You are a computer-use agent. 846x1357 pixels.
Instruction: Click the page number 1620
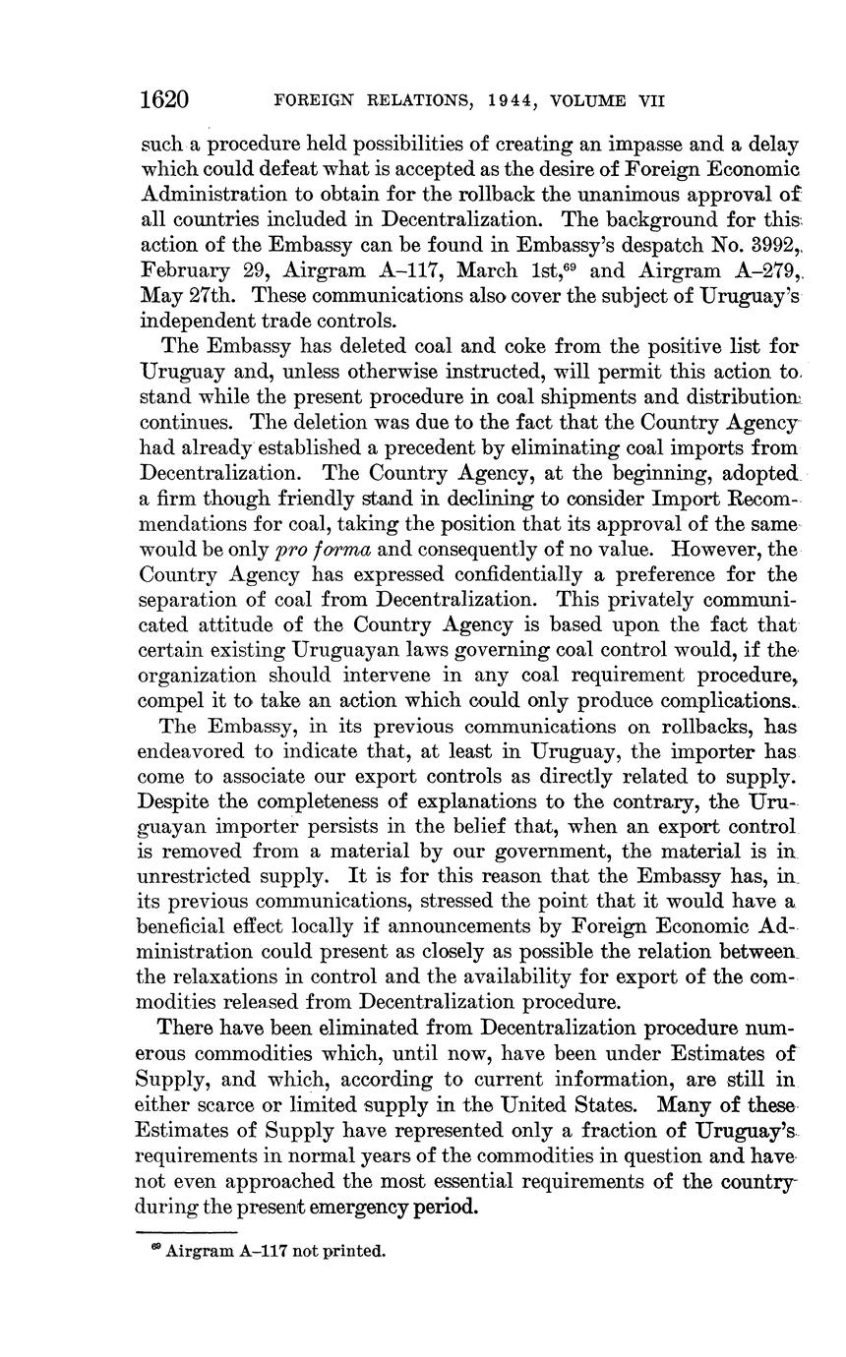point(164,99)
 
